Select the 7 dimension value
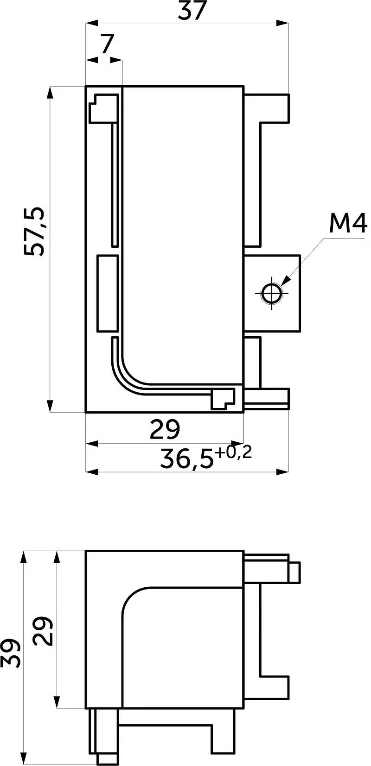coord(107,44)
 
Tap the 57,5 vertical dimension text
coord(34,231)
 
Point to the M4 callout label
coord(348,223)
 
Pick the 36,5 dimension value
coord(187,460)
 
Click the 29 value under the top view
coord(165,429)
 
